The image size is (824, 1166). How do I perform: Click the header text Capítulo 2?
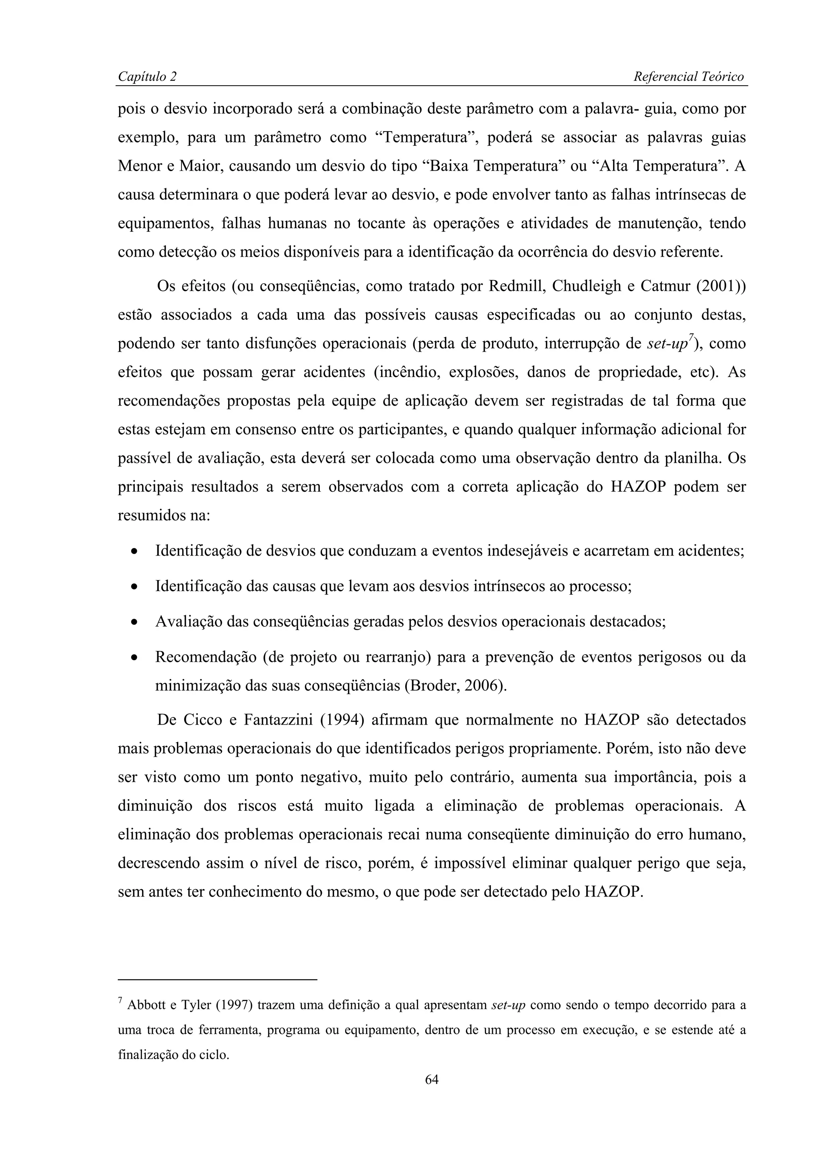147,77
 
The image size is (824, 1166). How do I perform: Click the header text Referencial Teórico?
688,77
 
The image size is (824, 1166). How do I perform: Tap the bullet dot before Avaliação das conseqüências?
134,622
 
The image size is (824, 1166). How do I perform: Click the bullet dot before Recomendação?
134,658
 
